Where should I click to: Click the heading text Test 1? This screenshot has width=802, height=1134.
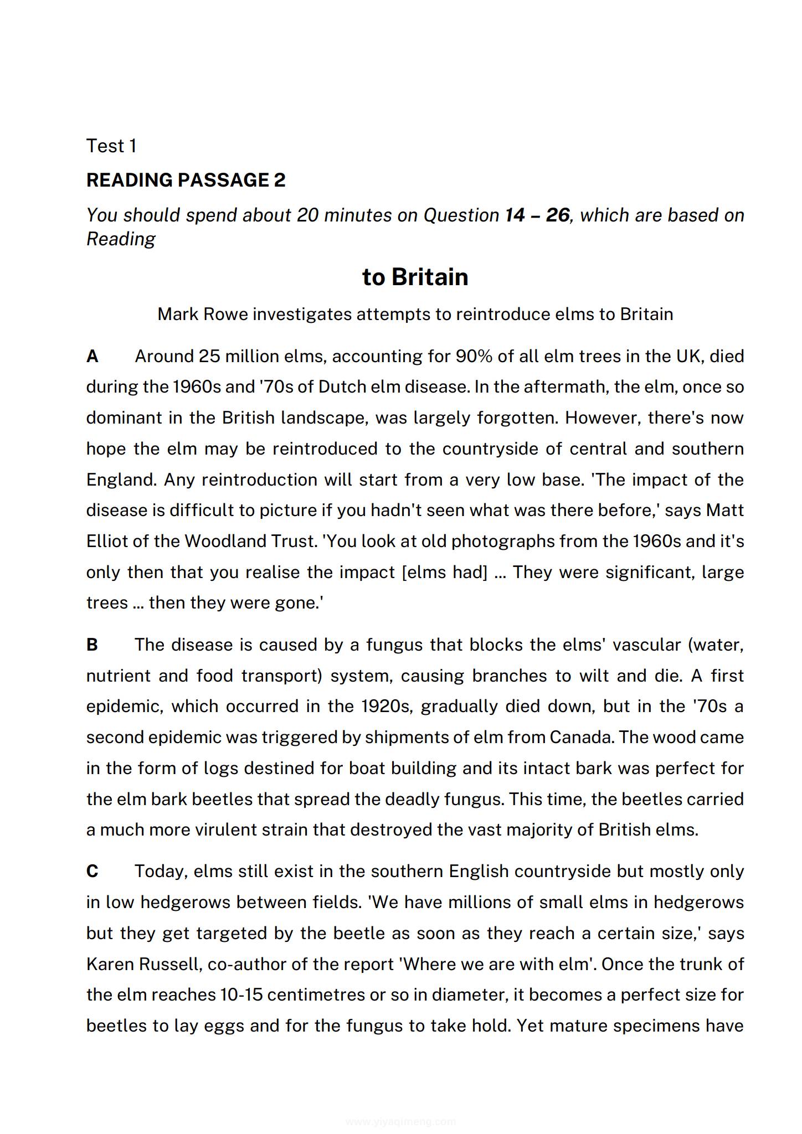[x=111, y=146]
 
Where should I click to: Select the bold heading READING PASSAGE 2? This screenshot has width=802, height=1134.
[x=186, y=181]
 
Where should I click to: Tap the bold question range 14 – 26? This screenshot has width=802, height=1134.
[x=537, y=215]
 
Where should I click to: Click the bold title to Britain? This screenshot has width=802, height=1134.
[x=415, y=277]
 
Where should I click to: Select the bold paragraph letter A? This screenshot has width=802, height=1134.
[x=92, y=357]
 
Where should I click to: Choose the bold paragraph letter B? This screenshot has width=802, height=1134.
[x=92, y=645]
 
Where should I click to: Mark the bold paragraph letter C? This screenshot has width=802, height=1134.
[x=92, y=872]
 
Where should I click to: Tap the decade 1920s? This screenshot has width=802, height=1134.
[x=387, y=707]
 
